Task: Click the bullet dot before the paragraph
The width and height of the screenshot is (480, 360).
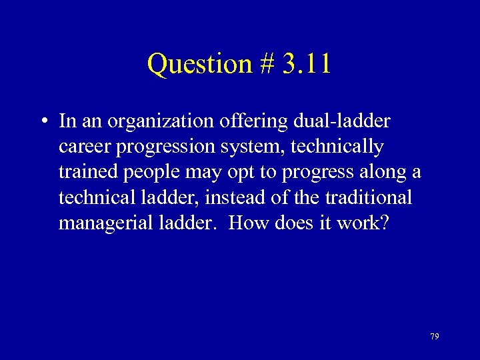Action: (42, 122)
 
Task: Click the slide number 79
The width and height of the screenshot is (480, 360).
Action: (434, 337)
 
